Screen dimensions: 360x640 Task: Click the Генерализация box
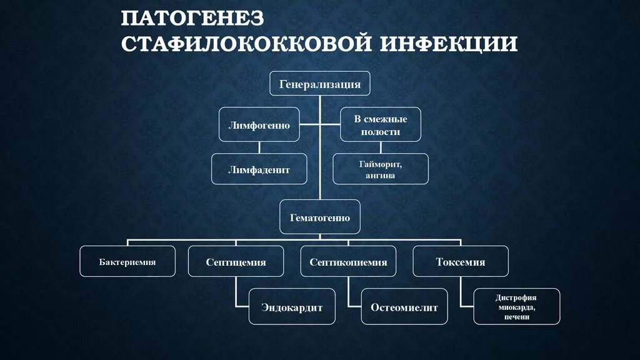[x=319, y=84]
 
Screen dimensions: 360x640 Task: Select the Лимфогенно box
[x=259, y=125]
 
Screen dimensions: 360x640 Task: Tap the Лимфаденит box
[x=259, y=169]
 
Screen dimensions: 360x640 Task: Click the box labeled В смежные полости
[x=381, y=124]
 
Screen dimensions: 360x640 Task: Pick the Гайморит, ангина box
[x=381, y=169]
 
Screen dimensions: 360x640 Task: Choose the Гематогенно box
[x=319, y=217]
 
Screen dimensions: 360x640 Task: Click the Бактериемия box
[x=127, y=261]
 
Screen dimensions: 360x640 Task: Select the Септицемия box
[x=236, y=262]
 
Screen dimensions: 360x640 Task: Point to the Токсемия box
[x=460, y=262]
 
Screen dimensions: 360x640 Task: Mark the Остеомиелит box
[x=404, y=306]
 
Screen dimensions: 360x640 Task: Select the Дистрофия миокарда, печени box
[x=516, y=306]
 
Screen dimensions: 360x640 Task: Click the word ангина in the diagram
[x=381, y=176]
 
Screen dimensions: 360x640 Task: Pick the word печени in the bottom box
[x=516, y=317]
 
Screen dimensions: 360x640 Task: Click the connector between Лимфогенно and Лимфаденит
[x=259, y=147]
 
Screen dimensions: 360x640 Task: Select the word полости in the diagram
[x=381, y=132]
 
